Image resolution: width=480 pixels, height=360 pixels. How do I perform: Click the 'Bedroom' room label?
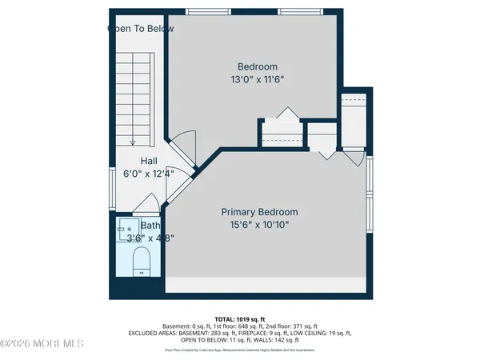(258, 66)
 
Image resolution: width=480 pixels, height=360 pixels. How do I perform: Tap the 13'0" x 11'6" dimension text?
(258, 80)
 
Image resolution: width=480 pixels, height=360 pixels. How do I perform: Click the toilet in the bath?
(141, 259)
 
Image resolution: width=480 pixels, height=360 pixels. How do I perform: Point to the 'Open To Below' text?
(141, 29)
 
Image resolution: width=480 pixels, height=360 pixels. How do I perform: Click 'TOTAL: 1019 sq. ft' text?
(239, 318)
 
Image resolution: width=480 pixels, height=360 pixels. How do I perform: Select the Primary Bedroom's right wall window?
(370, 195)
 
